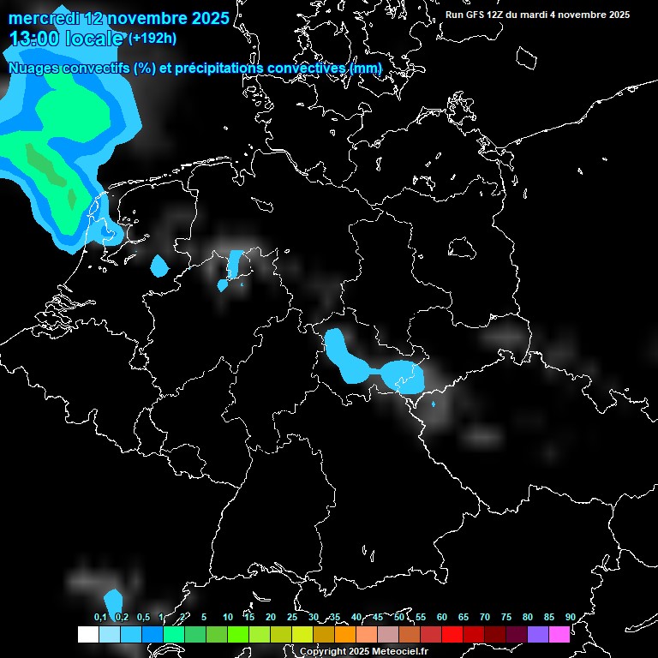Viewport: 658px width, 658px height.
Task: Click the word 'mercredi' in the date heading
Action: pos(43,18)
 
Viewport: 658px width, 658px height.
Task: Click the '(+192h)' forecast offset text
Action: pos(152,38)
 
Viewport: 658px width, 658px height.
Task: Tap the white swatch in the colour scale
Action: pos(87,635)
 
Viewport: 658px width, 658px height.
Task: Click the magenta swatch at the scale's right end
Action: pos(559,635)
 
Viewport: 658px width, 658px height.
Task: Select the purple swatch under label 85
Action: pos(538,635)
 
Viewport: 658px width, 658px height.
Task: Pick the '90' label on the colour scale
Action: pos(570,617)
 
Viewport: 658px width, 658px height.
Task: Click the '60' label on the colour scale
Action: pos(441,617)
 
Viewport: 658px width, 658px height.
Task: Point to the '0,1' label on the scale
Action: pos(100,617)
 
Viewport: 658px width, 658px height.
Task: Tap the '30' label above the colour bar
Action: pos(313,617)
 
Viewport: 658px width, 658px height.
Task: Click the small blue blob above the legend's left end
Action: pos(113,601)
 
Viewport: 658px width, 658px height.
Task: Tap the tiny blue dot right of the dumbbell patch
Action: pos(434,404)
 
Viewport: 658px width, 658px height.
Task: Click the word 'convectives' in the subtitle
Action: pos(307,69)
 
